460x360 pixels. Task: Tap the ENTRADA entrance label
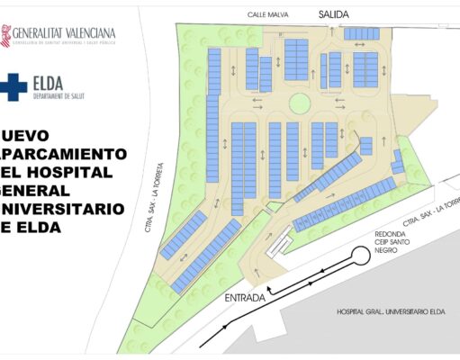point(245,297)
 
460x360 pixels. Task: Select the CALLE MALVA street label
point(270,15)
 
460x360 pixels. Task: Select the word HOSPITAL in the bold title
point(71,171)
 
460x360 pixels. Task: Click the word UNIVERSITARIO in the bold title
point(63,208)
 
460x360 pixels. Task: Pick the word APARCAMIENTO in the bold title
point(63,153)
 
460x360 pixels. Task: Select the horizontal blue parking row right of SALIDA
point(362,33)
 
